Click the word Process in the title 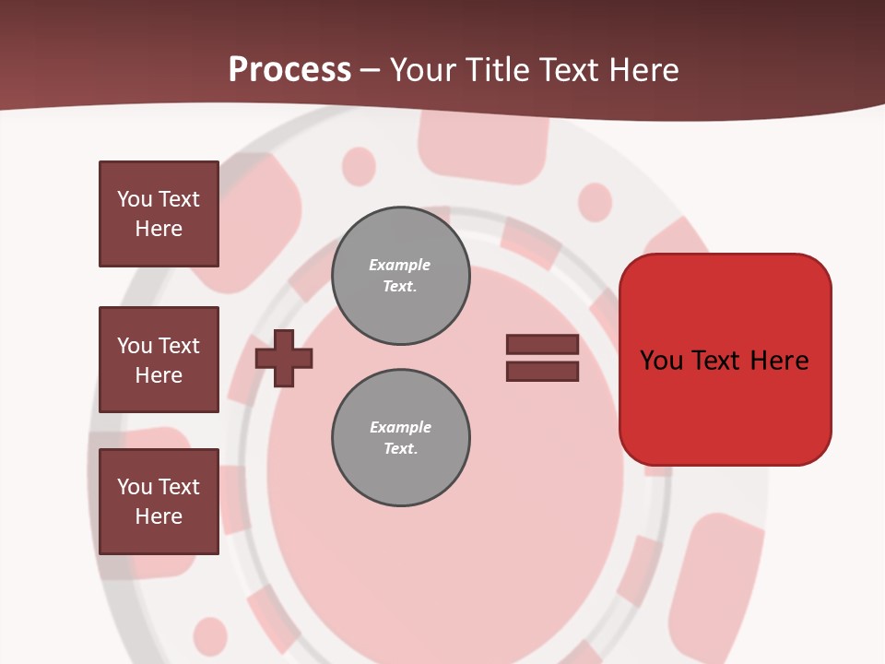pos(289,70)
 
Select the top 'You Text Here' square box pos(159,214)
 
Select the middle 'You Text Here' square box pos(159,360)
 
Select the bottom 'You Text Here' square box pos(159,502)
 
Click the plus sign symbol pos(284,358)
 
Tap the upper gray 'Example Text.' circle pos(400,276)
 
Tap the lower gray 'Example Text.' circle pos(400,438)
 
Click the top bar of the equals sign pos(542,344)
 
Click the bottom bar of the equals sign pos(542,372)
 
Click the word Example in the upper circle pos(399,265)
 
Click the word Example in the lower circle pos(400,427)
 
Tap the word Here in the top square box pos(159,229)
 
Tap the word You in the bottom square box pos(135,487)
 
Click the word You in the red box pos(662,361)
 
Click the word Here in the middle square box pos(159,375)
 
